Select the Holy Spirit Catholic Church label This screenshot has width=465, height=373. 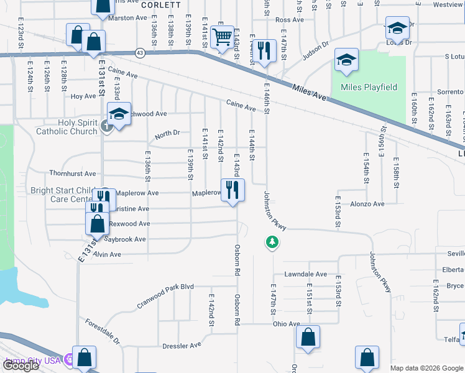click(x=67, y=127)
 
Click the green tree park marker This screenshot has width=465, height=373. click(x=271, y=241)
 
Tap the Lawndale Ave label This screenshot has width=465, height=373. click(x=305, y=274)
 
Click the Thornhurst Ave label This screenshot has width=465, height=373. click(x=73, y=174)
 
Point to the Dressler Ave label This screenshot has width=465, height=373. click(x=182, y=345)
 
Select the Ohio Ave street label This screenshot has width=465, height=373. click(x=286, y=324)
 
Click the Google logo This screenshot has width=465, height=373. click(x=21, y=366)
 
